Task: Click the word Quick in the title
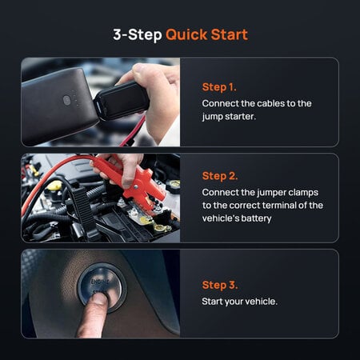[186, 35]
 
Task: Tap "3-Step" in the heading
[138, 35]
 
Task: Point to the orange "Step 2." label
[220, 176]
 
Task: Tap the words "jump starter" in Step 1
[235, 117]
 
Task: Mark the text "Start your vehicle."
[240, 301]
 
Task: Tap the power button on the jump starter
[67, 101]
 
